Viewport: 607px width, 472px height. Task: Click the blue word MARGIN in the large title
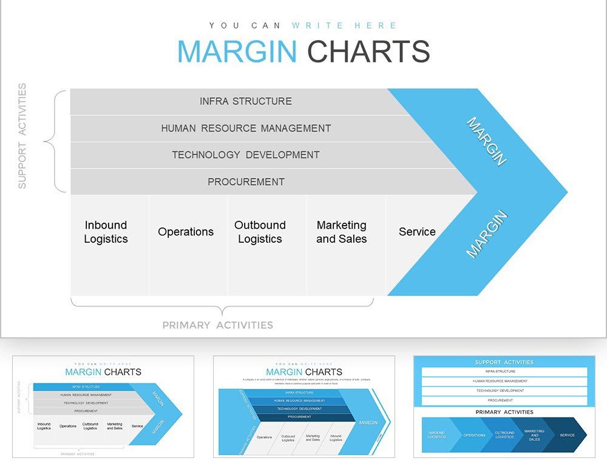237,52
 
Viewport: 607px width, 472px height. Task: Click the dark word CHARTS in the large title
368,52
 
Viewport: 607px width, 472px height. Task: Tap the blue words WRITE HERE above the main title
344,25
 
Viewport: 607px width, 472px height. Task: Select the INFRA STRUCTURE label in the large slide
246,101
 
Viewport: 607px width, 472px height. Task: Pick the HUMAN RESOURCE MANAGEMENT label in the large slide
246,128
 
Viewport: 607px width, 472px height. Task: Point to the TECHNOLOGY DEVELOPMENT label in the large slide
246,155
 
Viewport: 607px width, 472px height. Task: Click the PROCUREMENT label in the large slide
246,181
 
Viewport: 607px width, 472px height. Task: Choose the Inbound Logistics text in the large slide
106,232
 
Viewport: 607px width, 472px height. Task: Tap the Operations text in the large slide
186,232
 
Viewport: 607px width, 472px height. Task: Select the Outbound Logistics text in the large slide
260,232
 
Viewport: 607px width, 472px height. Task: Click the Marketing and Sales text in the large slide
342,232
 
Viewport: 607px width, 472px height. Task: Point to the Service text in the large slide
417,232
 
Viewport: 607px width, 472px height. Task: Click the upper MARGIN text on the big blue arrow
486,141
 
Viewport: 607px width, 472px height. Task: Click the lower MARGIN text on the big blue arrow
486,234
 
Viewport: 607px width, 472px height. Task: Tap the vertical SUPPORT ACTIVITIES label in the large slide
22,137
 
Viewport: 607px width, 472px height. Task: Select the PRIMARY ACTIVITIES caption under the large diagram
217,325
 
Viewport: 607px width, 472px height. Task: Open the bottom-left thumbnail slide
103,406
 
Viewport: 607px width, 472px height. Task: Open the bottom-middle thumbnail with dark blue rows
303,406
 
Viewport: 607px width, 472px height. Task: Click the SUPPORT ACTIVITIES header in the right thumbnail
504,362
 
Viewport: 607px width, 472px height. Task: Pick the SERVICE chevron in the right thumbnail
567,435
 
